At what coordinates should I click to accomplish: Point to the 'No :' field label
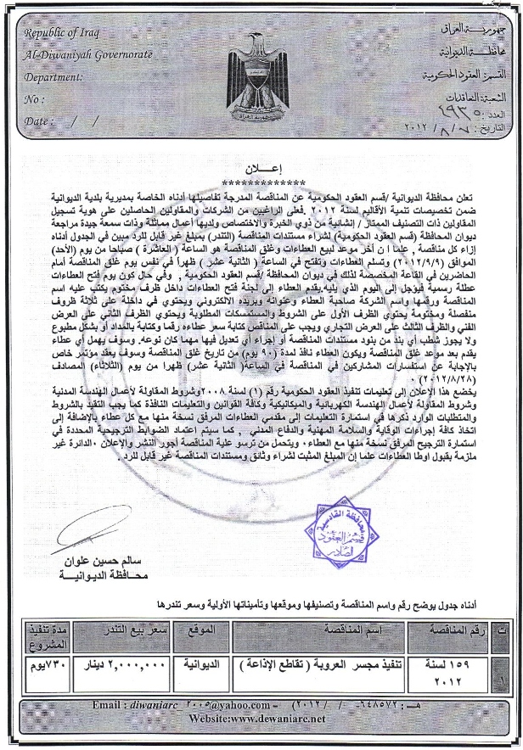[35, 99]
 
